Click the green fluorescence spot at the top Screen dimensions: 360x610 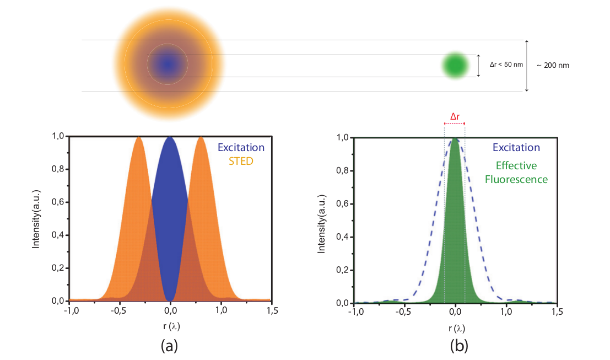point(455,65)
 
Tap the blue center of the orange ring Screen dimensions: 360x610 point(168,65)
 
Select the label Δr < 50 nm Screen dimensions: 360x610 point(506,65)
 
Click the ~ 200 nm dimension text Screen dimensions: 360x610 point(553,65)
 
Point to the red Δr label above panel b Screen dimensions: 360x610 point(455,116)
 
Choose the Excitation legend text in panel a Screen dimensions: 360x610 point(241,147)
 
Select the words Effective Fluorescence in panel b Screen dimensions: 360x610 point(521,171)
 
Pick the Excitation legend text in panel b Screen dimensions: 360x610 point(516,147)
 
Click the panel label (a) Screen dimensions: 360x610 point(169,345)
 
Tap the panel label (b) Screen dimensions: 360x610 point(458,345)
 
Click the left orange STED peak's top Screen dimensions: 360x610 point(138,138)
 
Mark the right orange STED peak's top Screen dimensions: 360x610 point(201,138)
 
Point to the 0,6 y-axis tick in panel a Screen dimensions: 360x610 point(58,202)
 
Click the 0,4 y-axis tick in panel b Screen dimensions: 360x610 point(343,237)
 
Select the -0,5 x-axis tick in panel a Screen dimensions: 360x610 point(118,311)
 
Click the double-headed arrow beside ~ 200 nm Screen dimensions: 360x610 point(527,66)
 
